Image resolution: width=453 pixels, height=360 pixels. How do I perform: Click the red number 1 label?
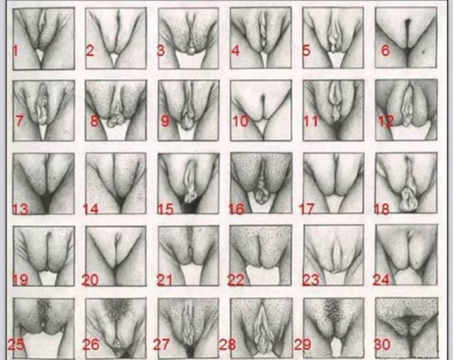(16, 50)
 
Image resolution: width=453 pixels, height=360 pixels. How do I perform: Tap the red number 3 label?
(161, 50)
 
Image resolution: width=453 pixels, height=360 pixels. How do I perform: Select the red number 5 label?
(306, 50)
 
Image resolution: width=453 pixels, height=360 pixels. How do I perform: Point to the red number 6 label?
(385, 50)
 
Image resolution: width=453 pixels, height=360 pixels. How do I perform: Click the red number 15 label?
(165, 209)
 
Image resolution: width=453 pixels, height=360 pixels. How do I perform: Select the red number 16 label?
(236, 209)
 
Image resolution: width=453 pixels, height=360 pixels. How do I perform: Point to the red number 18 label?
(382, 209)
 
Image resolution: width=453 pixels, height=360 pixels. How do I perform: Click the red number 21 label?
(165, 280)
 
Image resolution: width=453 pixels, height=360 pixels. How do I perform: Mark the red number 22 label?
(236, 280)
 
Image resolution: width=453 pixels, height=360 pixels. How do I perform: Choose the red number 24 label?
(381, 280)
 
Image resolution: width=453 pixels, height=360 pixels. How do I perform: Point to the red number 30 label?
(383, 345)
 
